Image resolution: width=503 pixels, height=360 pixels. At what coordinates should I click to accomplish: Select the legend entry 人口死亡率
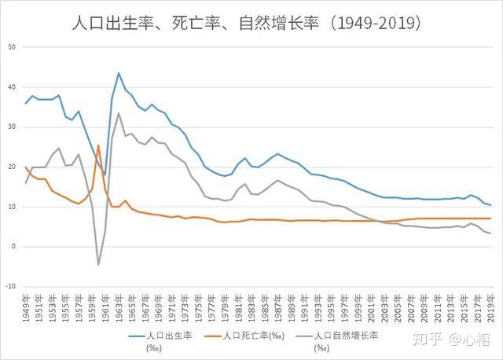[250, 335]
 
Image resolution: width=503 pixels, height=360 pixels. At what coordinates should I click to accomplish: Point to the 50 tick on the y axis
[12, 47]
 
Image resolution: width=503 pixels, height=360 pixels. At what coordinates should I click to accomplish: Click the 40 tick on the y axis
[12, 87]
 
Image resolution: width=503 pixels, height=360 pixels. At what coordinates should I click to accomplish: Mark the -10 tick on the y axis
[10, 286]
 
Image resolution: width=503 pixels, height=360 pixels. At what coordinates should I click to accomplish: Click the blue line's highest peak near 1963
[119, 73]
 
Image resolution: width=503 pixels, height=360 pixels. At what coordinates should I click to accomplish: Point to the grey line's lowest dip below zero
[98, 265]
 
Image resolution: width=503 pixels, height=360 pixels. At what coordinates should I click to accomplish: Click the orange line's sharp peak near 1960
[98, 145]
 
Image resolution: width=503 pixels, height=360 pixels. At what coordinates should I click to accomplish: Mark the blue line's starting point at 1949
[26, 103]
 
